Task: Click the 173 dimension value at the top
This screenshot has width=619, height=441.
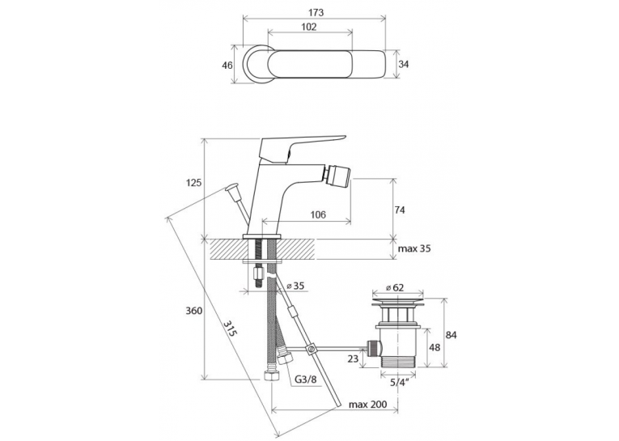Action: tap(316, 12)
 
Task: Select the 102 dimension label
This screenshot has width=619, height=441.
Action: tap(309, 27)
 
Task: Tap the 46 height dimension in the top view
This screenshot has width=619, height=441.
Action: tap(227, 66)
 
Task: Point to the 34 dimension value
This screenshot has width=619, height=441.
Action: tap(403, 64)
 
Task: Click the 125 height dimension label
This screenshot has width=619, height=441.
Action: tap(194, 183)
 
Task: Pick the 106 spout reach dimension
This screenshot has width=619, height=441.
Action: tap(318, 214)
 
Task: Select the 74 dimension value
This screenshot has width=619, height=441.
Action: tap(400, 210)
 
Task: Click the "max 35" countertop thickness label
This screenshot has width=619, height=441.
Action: tap(414, 248)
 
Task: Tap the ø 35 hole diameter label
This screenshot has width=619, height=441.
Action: tap(295, 286)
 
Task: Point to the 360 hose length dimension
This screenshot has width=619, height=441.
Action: tap(194, 311)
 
